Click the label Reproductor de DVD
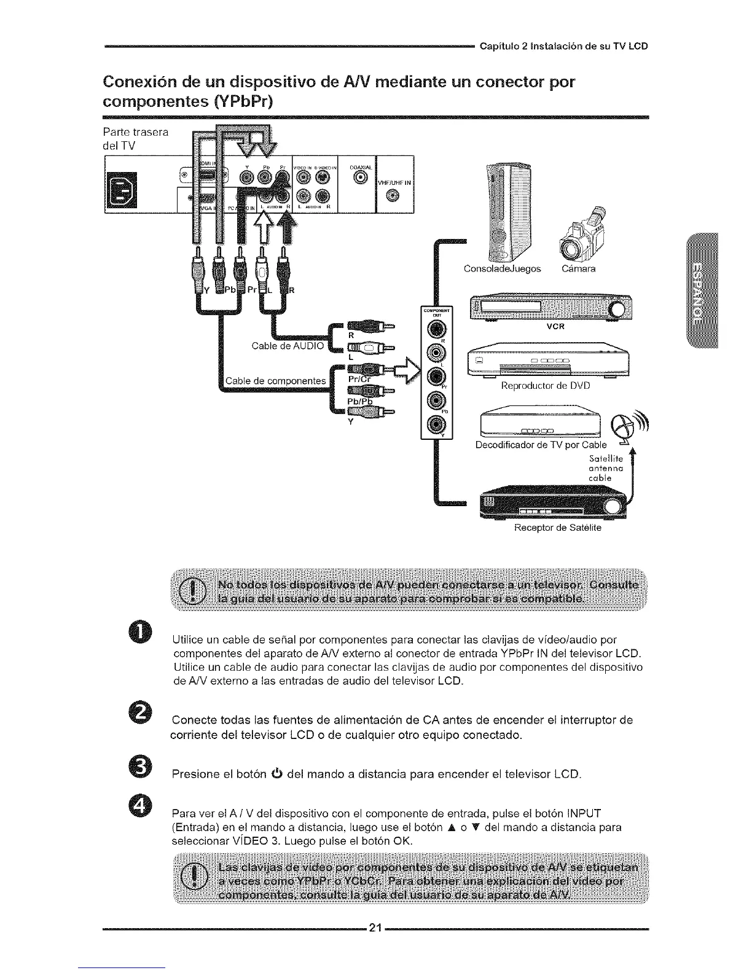pos(545,386)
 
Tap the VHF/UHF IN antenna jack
pos(394,196)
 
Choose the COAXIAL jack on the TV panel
pos(361,178)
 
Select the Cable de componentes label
pos(275,381)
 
